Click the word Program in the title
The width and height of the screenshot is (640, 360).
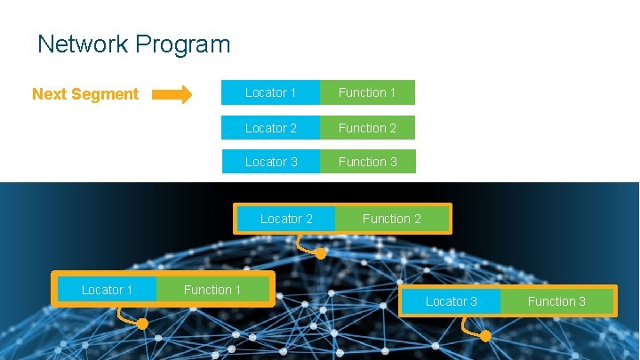click(183, 44)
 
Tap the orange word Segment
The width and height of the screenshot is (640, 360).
click(106, 94)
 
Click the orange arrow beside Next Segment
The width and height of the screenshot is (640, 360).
click(172, 94)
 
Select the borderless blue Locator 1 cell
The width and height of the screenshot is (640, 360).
click(271, 92)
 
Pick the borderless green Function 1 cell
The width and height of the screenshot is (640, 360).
click(367, 92)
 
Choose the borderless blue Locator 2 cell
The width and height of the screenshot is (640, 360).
click(271, 128)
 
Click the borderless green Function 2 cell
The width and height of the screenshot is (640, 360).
click(367, 128)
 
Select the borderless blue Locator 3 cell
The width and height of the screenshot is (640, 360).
click(271, 162)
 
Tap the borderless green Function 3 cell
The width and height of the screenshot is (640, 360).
click(367, 162)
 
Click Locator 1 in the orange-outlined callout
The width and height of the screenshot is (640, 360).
click(107, 290)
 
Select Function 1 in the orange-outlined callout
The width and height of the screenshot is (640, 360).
click(212, 290)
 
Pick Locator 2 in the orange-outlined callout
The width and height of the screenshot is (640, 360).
click(286, 219)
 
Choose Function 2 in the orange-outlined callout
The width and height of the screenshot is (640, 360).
click(392, 219)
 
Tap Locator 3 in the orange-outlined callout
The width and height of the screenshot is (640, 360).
click(452, 301)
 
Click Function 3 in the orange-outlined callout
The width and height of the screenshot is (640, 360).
click(556, 301)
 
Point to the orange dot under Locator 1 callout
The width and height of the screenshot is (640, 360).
click(142, 324)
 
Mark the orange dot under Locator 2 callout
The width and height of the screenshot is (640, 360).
click(321, 252)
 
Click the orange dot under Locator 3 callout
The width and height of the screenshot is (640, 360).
click(485, 335)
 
